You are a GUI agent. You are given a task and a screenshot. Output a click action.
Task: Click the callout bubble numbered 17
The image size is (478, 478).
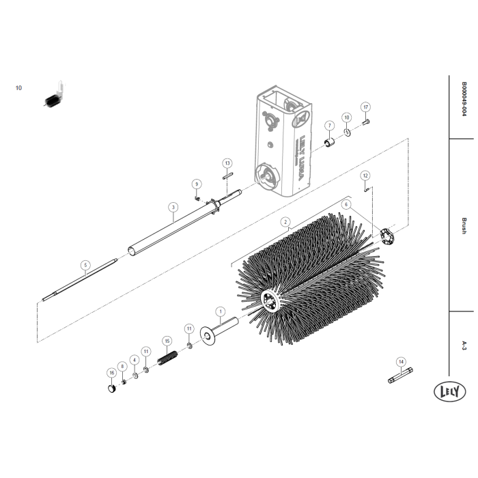coord(365,107)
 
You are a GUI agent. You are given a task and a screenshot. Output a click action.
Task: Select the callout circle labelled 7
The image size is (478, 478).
coord(329,126)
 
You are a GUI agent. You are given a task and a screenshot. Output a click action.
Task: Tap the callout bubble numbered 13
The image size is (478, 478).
coord(227,163)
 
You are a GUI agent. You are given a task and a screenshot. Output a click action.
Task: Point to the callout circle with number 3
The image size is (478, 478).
coord(173,206)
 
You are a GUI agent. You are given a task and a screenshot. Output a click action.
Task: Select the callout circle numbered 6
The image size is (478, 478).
coord(346,204)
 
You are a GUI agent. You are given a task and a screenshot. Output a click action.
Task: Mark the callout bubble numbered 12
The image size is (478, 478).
coord(365,175)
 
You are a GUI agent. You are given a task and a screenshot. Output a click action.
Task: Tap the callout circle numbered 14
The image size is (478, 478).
coord(401,361)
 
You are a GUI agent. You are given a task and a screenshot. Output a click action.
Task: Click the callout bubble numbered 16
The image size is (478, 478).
coord(111,373)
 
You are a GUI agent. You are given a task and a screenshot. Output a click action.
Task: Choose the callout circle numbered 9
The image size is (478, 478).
coord(197,184)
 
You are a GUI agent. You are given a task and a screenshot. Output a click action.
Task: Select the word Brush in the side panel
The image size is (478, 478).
coord(464,226)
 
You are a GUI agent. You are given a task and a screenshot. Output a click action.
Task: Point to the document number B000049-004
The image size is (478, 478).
coord(464,99)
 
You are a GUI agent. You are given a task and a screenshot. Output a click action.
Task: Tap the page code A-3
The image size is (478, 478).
coord(464,345)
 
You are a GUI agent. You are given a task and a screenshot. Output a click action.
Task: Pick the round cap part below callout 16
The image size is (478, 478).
coord(111,389)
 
